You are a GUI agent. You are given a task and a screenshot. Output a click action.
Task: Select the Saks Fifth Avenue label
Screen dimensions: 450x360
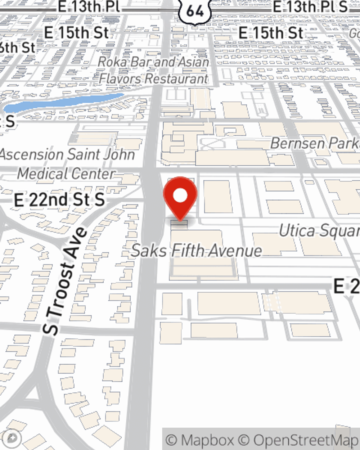pyautogui.click(x=197, y=251)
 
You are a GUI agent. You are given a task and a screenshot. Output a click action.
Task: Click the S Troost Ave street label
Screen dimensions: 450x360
pyautogui.click(x=65, y=281)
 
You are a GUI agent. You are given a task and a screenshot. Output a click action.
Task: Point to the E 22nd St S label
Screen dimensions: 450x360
pyautogui.click(x=60, y=200)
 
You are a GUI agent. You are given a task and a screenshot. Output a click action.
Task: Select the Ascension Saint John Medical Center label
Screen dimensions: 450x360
pyautogui.click(x=67, y=164)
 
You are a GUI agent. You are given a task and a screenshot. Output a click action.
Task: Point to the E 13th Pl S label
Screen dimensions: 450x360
pyautogui.click(x=310, y=7)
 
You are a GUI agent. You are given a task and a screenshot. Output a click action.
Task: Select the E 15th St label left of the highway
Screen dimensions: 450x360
pyautogui.click(x=76, y=33)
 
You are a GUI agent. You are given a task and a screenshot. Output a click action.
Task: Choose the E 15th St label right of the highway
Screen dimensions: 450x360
pyautogui.click(x=271, y=33)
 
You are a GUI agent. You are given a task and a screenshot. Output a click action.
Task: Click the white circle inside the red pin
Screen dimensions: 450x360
pyautogui.click(x=180, y=196)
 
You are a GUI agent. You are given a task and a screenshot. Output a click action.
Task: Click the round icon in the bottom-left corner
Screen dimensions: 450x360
pyautogui.click(x=13, y=438)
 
